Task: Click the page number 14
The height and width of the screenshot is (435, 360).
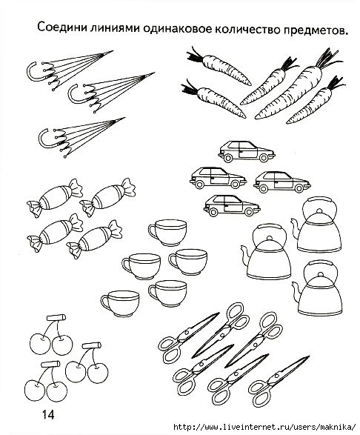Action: point(48,415)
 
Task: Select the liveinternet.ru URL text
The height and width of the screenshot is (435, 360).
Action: point(264,426)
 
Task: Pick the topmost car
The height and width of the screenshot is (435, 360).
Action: point(247,151)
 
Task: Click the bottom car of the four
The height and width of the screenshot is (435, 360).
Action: point(232,205)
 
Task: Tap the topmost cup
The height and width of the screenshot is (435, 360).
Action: point(168,233)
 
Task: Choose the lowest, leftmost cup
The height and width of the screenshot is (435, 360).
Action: point(120,304)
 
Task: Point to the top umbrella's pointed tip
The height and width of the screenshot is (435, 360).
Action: point(113,51)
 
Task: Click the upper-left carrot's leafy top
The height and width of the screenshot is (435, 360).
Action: point(195,56)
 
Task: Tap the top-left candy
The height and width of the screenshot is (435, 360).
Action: point(55,197)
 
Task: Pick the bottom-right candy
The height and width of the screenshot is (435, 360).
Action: point(94,239)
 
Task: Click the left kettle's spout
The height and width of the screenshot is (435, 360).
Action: point(245,256)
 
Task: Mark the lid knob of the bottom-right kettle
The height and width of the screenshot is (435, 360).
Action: point(320,274)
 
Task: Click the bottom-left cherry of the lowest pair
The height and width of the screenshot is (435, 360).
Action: point(35,391)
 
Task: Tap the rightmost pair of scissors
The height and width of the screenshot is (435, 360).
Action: point(279,382)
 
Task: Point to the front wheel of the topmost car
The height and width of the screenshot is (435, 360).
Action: point(264,158)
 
